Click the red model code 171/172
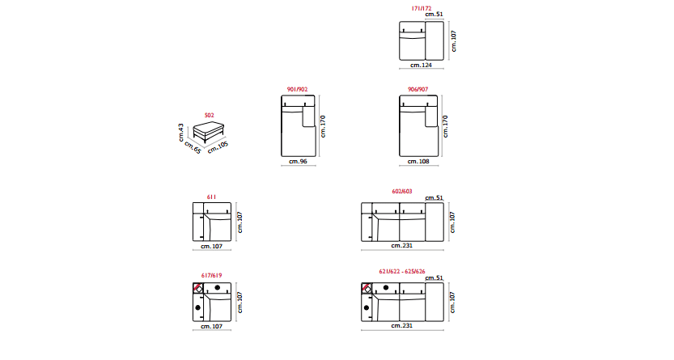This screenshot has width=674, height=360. click(x=422, y=8)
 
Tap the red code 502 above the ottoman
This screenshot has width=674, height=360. click(x=210, y=115)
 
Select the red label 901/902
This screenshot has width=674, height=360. click(x=298, y=89)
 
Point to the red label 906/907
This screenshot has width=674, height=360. click(x=418, y=89)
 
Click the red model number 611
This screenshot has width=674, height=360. click(x=211, y=197)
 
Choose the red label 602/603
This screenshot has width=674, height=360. click(x=402, y=191)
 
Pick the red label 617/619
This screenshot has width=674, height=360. click(x=211, y=275)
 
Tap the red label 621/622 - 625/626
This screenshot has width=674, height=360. click(x=402, y=272)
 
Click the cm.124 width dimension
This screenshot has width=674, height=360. click(x=421, y=66)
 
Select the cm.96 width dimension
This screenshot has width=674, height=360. click(x=298, y=162)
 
